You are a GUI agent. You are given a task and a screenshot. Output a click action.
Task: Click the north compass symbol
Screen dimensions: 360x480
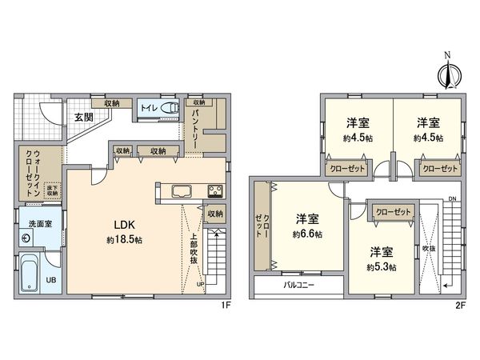[x=448, y=73]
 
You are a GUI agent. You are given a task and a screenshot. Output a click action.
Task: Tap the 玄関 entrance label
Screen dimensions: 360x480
[x=84, y=117]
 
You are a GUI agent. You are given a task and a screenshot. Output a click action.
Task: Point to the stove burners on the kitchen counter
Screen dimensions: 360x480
[x=216, y=190]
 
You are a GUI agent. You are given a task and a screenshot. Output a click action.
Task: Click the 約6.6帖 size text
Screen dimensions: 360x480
[x=307, y=234]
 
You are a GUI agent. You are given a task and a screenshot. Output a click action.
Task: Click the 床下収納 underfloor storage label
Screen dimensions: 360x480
[x=53, y=190]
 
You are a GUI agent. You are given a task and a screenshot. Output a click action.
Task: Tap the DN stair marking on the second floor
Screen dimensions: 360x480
[x=453, y=198]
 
